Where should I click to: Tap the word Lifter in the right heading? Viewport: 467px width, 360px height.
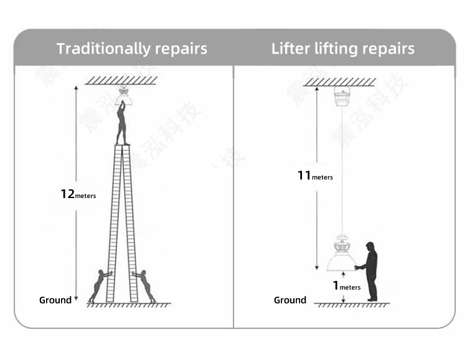pyautogui.click(x=291, y=49)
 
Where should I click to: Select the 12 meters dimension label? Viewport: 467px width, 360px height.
pyautogui.click(x=78, y=194)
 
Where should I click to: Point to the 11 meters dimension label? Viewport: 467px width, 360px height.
pyautogui.click(x=314, y=176)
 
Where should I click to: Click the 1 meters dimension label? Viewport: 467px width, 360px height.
pyautogui.click(x=346, y=286)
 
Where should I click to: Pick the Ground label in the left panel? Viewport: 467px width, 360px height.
pyautogui.click(x=55, y=300)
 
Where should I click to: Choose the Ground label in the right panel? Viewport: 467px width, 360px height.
pyautogui.click(x=290, y=300)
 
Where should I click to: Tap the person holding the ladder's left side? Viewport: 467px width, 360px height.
pyautogui.click(x=99, y=285)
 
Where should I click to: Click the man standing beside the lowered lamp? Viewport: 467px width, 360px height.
pyautogui.click(x=370, y=271)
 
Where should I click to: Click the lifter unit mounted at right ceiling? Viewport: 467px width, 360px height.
pyautogui.click(x=341, y=97)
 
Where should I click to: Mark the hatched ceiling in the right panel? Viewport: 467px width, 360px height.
pyautogui.click(x=339, y=82)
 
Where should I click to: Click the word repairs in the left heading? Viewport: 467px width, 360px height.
pyautogui.click(x=179, y=49)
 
